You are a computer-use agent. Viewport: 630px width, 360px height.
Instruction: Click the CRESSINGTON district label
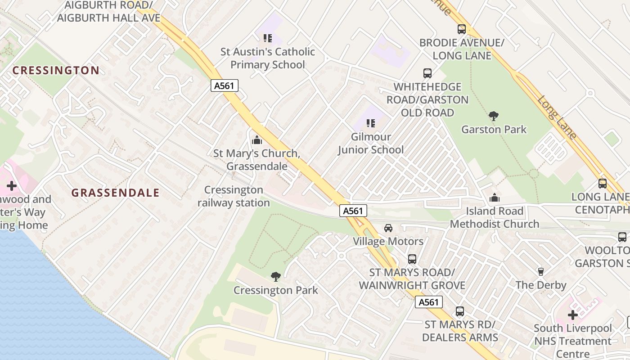coord(56,70)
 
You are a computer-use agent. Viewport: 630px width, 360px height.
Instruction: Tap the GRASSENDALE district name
coord(116,193)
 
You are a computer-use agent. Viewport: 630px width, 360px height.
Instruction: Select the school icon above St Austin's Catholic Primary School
coord(268,38)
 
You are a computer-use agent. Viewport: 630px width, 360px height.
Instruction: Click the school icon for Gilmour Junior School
coord(370,123)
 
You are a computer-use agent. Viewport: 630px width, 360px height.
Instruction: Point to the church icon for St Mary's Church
coord(257,140)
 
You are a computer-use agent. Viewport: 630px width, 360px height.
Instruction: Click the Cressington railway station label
coord(234,196)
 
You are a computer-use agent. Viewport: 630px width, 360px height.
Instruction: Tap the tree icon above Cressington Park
coord(276,277)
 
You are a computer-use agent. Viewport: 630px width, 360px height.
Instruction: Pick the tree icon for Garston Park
coord(494,116)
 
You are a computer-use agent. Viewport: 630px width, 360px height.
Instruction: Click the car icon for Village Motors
coord(388,228)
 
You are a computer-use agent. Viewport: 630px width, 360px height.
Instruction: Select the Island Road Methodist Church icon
coord(495,198)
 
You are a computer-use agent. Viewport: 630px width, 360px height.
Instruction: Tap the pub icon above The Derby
coord(541,271)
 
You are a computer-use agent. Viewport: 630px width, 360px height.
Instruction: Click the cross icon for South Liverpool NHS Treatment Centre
coord(572,315)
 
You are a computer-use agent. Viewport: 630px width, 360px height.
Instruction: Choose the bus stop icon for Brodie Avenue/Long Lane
coord(462,29)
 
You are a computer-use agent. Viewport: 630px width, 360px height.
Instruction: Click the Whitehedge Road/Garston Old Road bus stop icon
coord(427,73)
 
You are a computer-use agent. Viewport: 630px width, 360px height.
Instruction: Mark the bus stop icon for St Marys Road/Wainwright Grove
coord(412,259)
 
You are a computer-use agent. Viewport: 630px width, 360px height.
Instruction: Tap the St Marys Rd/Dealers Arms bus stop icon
coord(460,311)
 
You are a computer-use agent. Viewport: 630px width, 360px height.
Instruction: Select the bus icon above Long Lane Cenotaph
coord(603,184)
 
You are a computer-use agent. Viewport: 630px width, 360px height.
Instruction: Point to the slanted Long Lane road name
coord(557,117)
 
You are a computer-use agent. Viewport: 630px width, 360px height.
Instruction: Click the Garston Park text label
coord(494,130)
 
